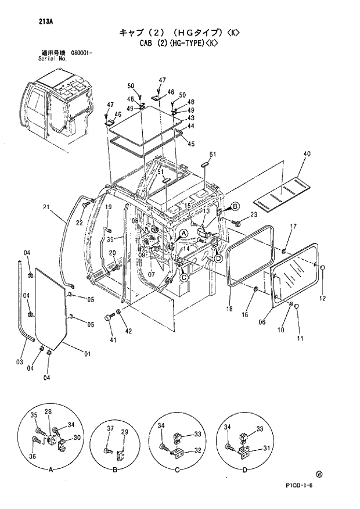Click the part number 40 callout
(307, 154)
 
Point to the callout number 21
(46, 207)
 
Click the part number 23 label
(253, 216)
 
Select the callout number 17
(293, 226)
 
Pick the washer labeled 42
(120, 315)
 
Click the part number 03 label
(20, 363)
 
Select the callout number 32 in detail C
(197, 450)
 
